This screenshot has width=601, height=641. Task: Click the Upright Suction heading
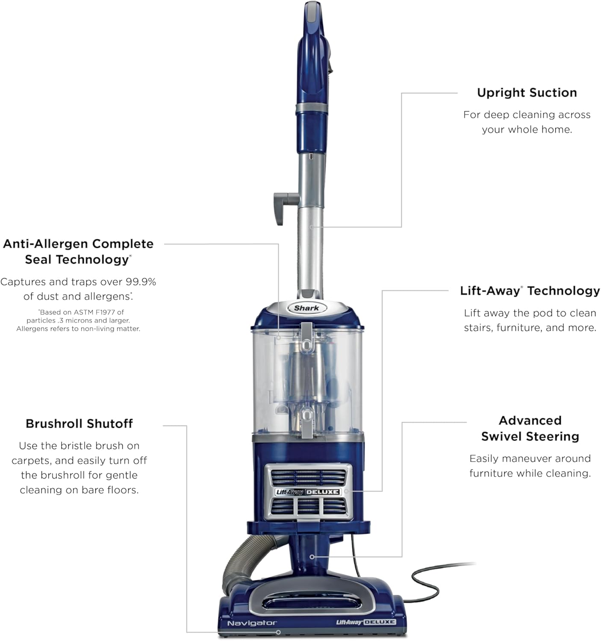tap(527, 93)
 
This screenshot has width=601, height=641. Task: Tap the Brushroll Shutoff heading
tap(79, 423)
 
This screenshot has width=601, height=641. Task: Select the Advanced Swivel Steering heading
tap(530, 428)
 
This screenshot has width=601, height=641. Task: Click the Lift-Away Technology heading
tap(530, 291)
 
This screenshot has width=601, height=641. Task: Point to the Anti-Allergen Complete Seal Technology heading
tap(78, 251)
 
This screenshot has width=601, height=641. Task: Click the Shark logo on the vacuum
tap(306, 308)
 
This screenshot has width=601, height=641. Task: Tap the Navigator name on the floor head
tap(252, 623)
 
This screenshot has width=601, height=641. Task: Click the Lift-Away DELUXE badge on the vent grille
tap(308, 492)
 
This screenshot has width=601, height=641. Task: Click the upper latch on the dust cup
tap(306, 338)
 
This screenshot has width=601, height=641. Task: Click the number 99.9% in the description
tap(141, 282)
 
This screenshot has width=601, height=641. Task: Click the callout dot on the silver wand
tap(312, 227)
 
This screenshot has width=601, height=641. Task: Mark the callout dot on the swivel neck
tap(312, 557)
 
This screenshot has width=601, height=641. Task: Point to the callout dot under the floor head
tap(278, 632)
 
